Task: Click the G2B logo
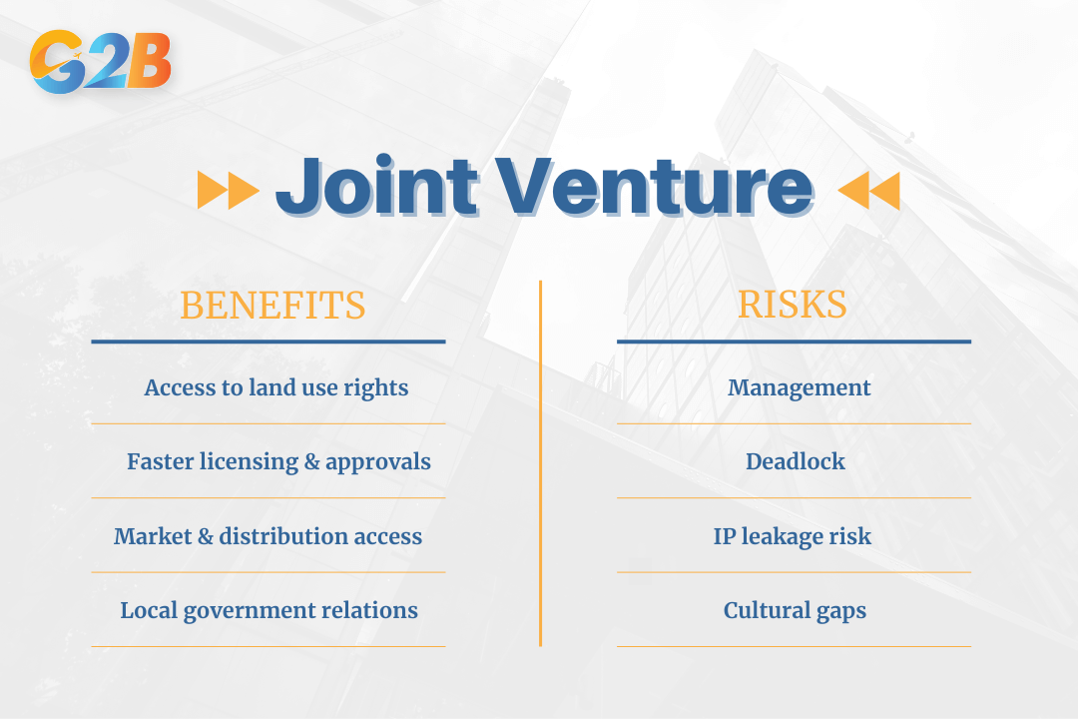click(x=100, y=62)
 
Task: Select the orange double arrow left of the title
click(x=228, y=190)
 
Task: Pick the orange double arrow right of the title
click(x=868, y=190)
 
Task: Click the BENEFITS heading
click(x=272, y=306)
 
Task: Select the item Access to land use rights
click(x=275, y=387)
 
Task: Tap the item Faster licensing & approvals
click(x=278, y=461)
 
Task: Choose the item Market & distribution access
click(x=268, y=536)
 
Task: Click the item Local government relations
click(x=269, y=610)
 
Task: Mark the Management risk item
click(x=799, y=387)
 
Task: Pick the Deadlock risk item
click(x=796, y=461)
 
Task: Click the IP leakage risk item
click(x=793, y=536)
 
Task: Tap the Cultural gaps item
click(x=795, y=610)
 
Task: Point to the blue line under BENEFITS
click(x=268, y=342)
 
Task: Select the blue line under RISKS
click(x=794, y=342)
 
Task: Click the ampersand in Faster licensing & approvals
click(x=311, y=462)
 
